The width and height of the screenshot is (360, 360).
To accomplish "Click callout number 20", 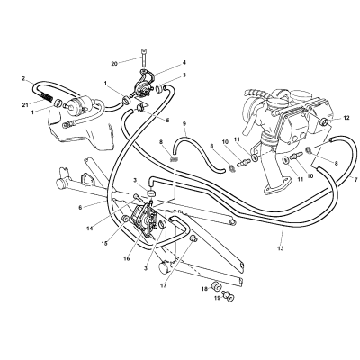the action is point(113,64).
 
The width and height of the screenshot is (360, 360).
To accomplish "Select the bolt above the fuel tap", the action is point(143,58).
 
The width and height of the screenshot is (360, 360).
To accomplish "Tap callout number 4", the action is point(184,62).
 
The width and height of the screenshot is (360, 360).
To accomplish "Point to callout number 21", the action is point(25,104).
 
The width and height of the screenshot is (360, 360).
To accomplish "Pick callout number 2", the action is point(23,79).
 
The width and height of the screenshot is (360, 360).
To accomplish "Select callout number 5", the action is point(167,121).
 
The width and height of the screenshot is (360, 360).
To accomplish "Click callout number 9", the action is point(184,123).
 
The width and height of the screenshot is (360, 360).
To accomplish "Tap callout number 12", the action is point(346,118).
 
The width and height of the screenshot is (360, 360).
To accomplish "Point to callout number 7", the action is point(355,180).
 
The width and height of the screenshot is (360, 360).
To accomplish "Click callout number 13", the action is point(281,248).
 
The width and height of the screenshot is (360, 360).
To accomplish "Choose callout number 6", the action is point(80,207).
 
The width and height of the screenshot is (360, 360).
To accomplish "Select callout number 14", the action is point(90,229).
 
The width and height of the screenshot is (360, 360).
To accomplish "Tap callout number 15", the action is point(104,244).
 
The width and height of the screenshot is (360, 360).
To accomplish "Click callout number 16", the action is point(127,258).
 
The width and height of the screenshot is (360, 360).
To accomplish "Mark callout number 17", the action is point(164,285).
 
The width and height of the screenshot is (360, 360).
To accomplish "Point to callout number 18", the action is point(204,289).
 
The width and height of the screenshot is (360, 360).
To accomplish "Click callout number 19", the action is point(218,298).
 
